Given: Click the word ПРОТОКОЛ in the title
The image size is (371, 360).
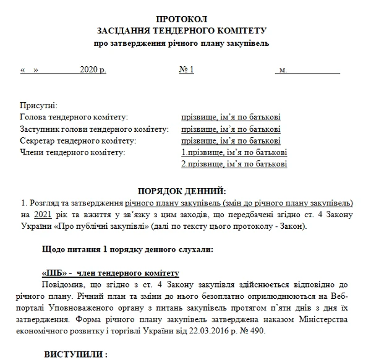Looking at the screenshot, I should click(x=182, y=18).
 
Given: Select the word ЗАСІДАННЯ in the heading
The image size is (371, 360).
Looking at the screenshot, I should click(x=127, y=30).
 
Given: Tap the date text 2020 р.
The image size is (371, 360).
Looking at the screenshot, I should click(x=93, y=70).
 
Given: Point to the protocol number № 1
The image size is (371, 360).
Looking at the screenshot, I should click(x=187, y=70).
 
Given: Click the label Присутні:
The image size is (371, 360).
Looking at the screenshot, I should click(x=38, y=106).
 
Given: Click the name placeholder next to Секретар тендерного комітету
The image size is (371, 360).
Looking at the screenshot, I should click(x=231, y=141).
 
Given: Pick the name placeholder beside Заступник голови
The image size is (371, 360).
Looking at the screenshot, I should click(x=231, y=129).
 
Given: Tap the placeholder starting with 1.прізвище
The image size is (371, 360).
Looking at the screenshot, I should click(x=233, y=153).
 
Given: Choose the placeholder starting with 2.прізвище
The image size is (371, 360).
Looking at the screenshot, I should click(x=233, y=165).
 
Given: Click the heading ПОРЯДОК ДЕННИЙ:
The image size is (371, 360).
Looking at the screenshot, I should click(x=181, y=191).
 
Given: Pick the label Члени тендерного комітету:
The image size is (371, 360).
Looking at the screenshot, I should click(x=72, y=153).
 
